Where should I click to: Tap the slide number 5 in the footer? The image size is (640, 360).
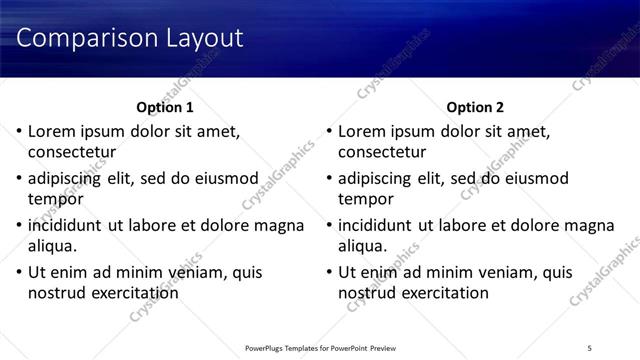tap(590, 347)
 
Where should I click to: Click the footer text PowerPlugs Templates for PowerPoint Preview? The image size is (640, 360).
tap(320, 347)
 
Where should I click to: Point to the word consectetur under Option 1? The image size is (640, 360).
tap(72, 153)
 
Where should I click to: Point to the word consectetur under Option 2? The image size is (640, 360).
tap(383, 153)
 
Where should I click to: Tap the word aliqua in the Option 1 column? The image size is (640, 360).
tap(52, 246)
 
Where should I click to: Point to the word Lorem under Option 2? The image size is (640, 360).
tap(361, 131)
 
